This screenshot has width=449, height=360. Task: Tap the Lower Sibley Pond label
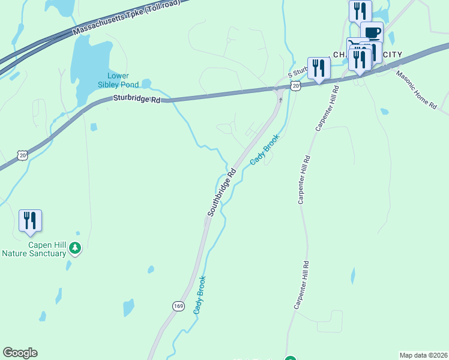(x=122, y=80)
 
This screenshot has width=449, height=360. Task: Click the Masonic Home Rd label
(x=415, y=89)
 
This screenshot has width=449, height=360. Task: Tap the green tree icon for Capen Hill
(x=75, y=247)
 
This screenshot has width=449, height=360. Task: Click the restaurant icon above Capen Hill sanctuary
(x=30, y=220)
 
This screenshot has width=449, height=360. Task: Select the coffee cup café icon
(x=372, y=32)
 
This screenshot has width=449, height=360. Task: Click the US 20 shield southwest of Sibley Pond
(x=23, y=155)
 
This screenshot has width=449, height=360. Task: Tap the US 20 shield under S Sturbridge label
(x=295, y=86)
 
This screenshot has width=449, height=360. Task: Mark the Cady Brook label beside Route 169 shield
(x=200, y=295)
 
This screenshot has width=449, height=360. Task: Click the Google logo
(x=20, y=353)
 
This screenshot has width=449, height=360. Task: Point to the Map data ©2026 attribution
(x=423, y=355)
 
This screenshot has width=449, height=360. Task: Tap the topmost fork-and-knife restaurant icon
(x=360, y=10)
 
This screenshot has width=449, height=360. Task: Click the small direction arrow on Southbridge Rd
(x=280, y=99)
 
